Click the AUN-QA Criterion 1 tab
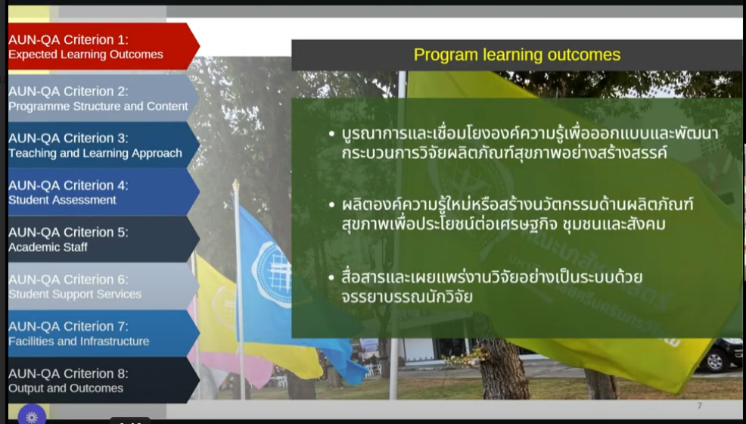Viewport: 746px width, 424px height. [102, 47]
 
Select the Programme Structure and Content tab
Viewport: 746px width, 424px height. [102, 98]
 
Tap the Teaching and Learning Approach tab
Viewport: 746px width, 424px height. [102, 145]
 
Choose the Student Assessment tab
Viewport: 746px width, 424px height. [102, 192]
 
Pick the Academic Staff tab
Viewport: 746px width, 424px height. [102, 239]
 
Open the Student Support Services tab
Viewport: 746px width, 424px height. [102, 286]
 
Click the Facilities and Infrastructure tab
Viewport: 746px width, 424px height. [102, 333]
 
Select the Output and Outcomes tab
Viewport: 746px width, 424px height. [102, 380]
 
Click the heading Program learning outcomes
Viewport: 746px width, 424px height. [517, 55]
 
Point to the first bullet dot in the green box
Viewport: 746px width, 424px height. [331, 134]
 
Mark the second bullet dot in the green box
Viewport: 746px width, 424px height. [331, 205]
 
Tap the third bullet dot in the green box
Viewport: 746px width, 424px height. [331, 277]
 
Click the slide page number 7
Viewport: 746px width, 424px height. [699, 406]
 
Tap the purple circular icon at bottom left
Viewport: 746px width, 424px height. [32, 415]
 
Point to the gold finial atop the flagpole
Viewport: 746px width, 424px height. [235, 185]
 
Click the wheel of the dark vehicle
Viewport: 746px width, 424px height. [715, 361]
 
